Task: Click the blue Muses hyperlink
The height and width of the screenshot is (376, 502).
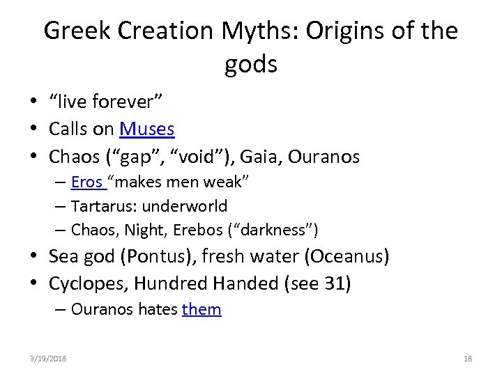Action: tap(146, 129)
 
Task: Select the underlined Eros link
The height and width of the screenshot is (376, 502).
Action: tap(86, 182)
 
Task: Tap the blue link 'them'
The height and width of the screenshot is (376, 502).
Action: tap(201, 309)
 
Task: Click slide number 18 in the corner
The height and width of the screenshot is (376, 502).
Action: tap(467, 359)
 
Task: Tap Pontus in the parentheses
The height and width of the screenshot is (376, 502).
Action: tap(151, 256)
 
